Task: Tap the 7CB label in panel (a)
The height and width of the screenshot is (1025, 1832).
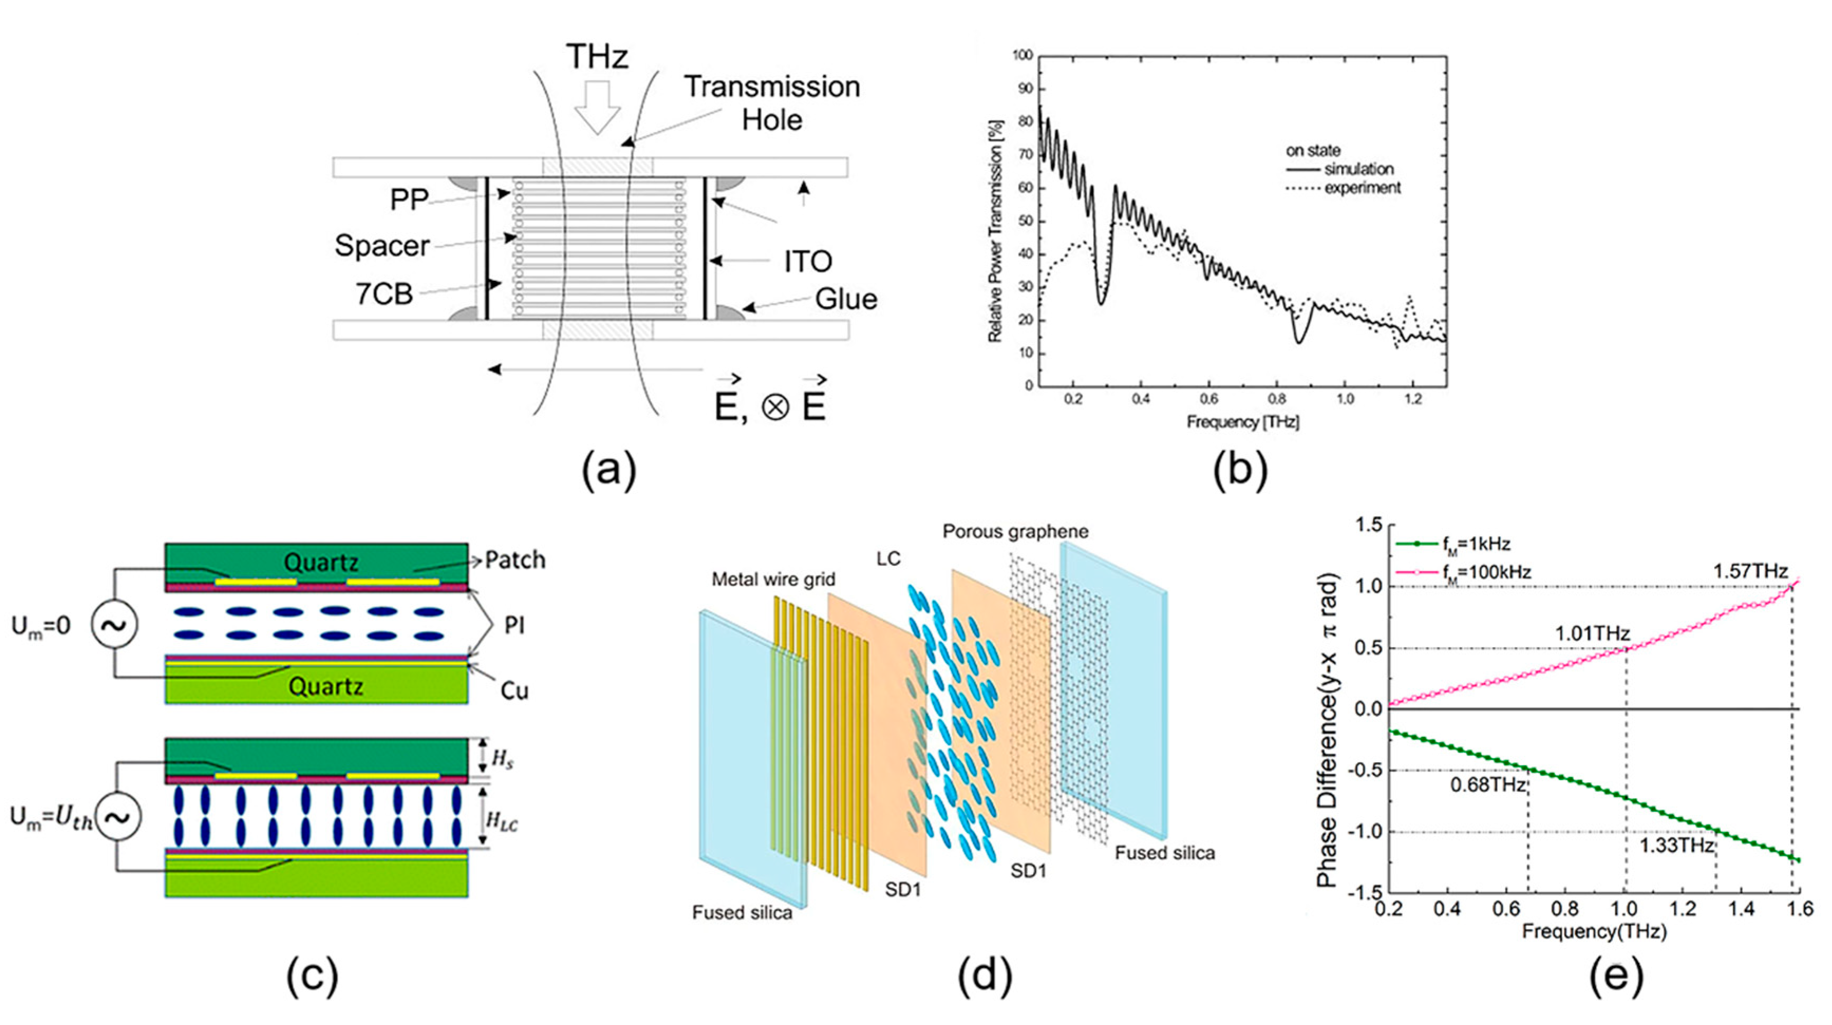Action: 384,293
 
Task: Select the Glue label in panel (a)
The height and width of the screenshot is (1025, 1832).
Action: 846,299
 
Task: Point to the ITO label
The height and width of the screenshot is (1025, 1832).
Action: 808,262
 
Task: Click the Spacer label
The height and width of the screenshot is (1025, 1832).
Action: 382,246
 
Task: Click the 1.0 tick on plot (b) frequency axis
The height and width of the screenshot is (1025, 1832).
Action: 1345,399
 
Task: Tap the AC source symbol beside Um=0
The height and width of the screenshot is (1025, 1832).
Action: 114,625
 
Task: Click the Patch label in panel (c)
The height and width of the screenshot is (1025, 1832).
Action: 515,560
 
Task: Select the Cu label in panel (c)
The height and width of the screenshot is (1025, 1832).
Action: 514,691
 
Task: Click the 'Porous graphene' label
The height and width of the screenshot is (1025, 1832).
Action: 1016,532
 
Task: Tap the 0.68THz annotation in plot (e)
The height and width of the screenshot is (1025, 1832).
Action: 1488,785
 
